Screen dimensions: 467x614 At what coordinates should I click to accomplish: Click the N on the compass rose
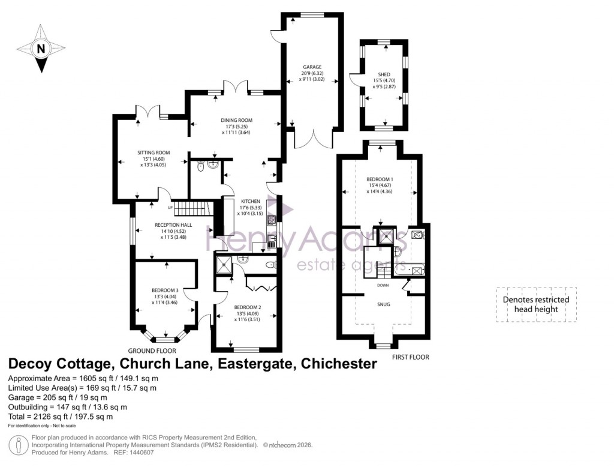click(x=41, y=50)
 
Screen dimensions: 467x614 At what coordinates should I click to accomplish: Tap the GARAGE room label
click(x=312, y=67)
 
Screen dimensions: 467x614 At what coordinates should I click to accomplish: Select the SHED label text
click(x=384, y=74)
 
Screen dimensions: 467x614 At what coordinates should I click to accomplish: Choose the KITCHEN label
click(x=250, y=201)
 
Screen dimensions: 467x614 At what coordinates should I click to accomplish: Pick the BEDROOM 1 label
click(x=380, y=179)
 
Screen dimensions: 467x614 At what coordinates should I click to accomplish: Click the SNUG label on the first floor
click(x=384, y=304)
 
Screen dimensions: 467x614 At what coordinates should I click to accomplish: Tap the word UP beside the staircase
click(x=170, y=208)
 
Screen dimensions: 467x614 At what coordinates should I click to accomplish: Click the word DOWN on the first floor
click(x=384, y=285)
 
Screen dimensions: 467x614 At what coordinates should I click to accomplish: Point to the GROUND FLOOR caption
click(x=152, y=351)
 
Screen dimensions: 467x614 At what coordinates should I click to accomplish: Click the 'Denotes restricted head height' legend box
click(x=536, y=304)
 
